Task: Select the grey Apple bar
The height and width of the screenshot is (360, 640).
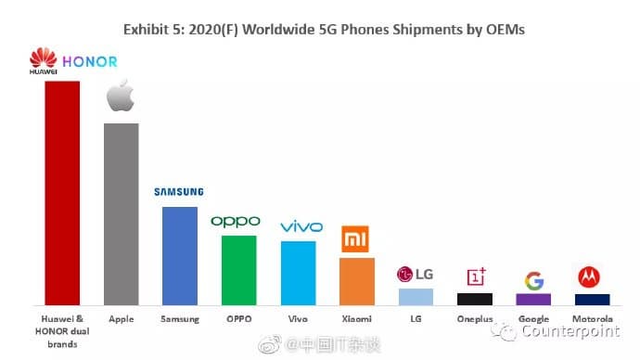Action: pyautogui.click(x=121, y=214)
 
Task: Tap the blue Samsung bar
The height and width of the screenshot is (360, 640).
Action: pyautogui.click(x=179, y=256)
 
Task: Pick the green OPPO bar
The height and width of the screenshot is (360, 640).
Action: pyautogui.click(x=238, y=270)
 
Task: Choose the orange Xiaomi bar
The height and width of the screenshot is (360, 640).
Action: pyautogui.click(x=356, y=281)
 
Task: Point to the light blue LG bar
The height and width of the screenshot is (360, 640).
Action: pyautogui.click(x=416, y=297)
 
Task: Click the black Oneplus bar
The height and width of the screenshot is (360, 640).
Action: pyautogui.click(x=474, y=299)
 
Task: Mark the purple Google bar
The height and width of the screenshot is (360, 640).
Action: pyautogui.click(x=533, y=299)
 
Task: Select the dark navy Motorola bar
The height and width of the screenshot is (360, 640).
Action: pyautogui.click(x=592, y=299)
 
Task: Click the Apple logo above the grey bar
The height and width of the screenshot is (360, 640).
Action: pyautogui.click(x=121, y=96)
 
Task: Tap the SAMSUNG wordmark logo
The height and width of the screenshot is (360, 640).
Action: pyautogui.click(x=178, y=192)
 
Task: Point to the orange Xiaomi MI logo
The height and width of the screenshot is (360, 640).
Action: pyautogui.click(x=356, y=240)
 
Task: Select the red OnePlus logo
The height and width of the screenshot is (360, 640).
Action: pyautogui.click(x=475, y=276)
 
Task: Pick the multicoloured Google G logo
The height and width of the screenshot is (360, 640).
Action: pyautogui.click(x=533, y=280)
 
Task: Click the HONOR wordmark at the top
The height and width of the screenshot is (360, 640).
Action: pyautogui.click(x=92, y=62)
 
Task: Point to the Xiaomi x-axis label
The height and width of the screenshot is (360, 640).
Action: pyautogui.click(x=356, y=317)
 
